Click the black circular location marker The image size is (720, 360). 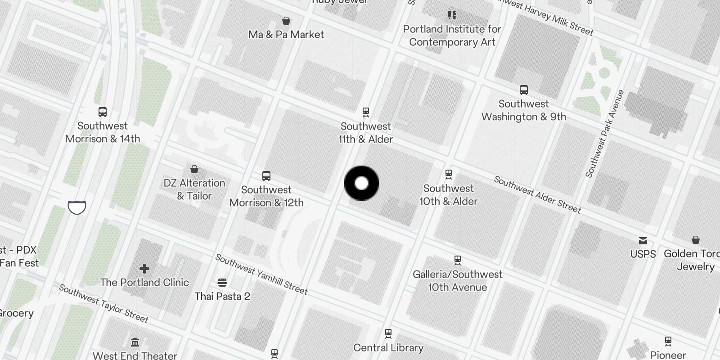tap(361, 183)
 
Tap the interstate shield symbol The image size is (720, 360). tap(77, 207)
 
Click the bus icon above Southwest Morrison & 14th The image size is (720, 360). tap(103, 112)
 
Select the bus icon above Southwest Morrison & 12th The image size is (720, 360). tap(266, 175)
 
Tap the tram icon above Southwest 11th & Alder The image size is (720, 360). tap(366, 112)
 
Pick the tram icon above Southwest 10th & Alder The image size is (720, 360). tap(448, 174)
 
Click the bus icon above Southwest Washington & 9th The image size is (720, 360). tap(524, 90)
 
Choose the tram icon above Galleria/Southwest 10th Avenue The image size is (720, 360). tap(458, 260)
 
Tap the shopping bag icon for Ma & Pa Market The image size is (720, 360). tap(286, 21)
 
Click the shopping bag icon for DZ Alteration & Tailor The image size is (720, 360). tap(194, 169)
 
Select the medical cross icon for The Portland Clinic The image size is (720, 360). tap(144, 269)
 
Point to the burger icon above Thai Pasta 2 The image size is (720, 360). tap(222, 283)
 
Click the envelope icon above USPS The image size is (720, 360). tap(643, 241)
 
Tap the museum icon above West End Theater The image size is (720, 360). tap(135, 342)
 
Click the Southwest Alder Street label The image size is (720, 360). tap(537, 194)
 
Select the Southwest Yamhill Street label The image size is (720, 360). tap(261, 274)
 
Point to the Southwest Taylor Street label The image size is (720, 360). tap(103, 304)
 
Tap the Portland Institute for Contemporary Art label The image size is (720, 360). tap(452, 36)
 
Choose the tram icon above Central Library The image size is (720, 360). tap(388, 333)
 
